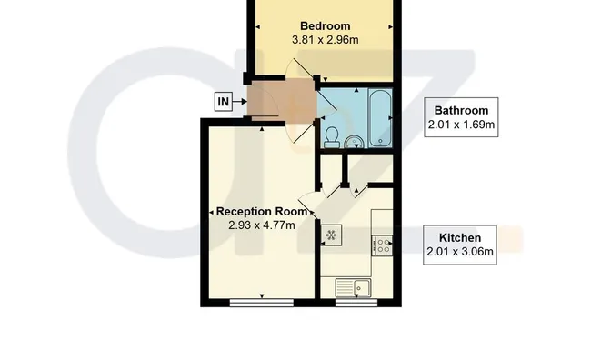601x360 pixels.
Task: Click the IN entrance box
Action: click(224, 102)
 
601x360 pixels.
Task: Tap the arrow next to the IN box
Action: click(240, 102)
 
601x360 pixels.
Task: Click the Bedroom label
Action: click(325, 26)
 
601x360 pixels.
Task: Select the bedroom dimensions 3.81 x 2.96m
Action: click(325, 40)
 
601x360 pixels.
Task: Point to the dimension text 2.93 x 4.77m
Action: click(262, 225)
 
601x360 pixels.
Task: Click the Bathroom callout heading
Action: click(461, 110)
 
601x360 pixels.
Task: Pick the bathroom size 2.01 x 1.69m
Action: click(461, 125)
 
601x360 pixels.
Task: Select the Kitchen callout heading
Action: click(460, 237)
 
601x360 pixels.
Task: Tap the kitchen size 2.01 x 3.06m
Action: click(460, 252)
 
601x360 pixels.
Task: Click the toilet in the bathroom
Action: click(332, 137)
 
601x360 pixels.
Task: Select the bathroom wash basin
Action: click(356, 142)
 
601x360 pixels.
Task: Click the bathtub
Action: click(380, 117)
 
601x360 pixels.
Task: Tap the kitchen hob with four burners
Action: click(382, 245)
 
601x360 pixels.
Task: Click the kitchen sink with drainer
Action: click(353, 287)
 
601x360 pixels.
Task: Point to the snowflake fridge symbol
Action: click(331, 235)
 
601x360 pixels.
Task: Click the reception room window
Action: click(262, 304)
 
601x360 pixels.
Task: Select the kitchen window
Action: click(356, 304)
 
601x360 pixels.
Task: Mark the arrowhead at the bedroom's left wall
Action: click(258, 27)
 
